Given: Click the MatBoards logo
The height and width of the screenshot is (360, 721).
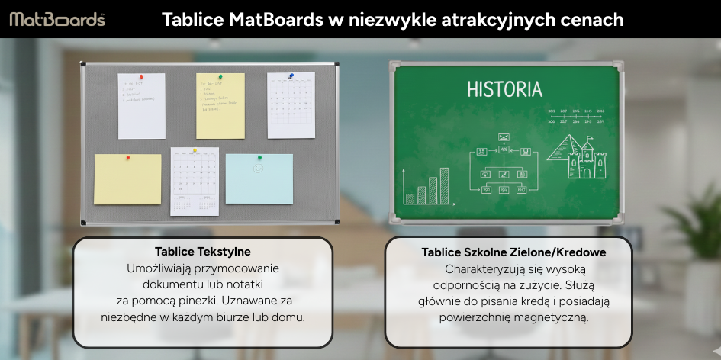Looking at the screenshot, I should click(57, 20).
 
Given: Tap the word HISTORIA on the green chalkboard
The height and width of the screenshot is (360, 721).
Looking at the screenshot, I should click(504, 89).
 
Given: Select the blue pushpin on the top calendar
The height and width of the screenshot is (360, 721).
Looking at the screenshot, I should click(291, 76).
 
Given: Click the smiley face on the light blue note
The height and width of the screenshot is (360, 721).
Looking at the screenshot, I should click(259, 166).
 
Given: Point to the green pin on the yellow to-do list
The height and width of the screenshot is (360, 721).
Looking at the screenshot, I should click(220, 77).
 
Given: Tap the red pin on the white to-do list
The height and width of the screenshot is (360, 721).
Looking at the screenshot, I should click(140, 77).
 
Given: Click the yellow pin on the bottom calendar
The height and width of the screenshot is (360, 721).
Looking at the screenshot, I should click(195, 151).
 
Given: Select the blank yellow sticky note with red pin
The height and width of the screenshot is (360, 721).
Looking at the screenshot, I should click(127, 179).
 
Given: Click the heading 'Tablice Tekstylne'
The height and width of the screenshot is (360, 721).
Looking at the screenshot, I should click(202, 251).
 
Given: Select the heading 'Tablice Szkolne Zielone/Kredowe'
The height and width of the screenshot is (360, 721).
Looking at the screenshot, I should click(513, 252).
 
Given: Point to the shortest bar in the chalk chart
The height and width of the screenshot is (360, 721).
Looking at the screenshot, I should click(410, 199).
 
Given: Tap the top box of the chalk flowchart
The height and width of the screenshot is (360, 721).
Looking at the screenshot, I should click(504, 137).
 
